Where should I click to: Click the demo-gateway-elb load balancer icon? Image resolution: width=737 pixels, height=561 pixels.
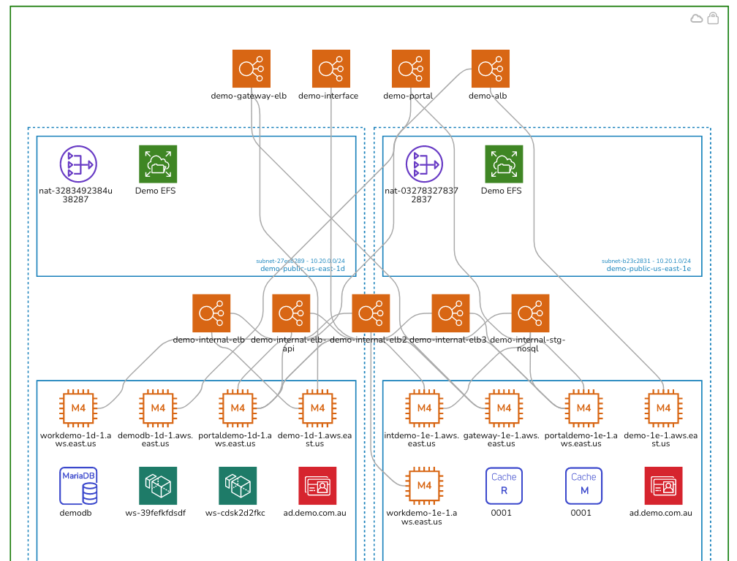pyautogui.click(x=251, y=69)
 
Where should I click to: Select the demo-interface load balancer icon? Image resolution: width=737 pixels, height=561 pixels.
pyautogui.click(x=330, y=69)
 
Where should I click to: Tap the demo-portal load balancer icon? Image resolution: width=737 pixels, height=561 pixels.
pyautogui.click(x=410, y=69)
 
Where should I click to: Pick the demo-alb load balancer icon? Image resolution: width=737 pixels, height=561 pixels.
pyautogui.click(x=490, y=69)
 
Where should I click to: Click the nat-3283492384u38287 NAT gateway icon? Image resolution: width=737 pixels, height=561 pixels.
pyautogui.click(x=78, y=164)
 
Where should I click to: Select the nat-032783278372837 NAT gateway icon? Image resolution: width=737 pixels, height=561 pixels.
pyautogui.click(x=424, y=164)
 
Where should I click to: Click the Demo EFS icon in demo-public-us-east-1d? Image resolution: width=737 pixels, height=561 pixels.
pyautogui.click(x=158, y=164)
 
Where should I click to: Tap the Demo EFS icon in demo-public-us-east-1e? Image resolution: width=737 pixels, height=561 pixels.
pyautogui.click(x=504, y=164)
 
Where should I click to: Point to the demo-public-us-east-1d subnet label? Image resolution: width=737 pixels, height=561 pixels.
pyautogui.click(x=302, y=268)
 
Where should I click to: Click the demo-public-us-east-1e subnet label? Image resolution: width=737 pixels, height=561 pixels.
pyautogui.click(x=648, y=268)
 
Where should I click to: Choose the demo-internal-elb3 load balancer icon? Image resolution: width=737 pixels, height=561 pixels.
pyautogui.click(x=450, y=313)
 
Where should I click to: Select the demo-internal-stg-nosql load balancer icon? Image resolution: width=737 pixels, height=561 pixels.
pyautogui.click(x=530, y=313)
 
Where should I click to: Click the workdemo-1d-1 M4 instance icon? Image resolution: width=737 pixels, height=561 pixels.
pyautogui.click(x=78, y=408)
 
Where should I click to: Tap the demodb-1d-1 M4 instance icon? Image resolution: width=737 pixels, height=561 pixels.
pyautogui.click(x=158, y=408)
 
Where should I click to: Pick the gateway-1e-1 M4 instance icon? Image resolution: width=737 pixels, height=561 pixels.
pyautogui.click(x=504, y=408)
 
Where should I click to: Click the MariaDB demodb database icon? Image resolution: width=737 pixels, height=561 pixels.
pyautogui.click(x=78, y=486)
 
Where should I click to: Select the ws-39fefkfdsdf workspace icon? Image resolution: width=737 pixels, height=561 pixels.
pyautogui.click(x=158, y=486)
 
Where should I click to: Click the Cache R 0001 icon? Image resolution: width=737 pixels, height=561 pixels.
pyautogui.click(x=504, y=486)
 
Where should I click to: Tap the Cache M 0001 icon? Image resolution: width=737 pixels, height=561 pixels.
pyautogui.click(x=583, y=486)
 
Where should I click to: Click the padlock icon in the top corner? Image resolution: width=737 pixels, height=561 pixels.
pyautogui.click(x=713, y=19)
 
